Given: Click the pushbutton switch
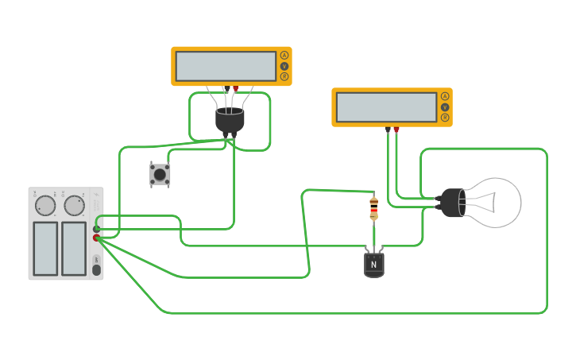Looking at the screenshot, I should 160,174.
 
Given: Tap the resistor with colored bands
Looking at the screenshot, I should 373,209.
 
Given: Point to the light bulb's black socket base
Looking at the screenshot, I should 454,203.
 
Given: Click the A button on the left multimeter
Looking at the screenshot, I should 284,56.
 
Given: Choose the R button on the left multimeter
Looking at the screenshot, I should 284,76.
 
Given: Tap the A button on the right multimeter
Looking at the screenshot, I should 445,96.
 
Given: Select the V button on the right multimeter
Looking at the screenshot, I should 445,106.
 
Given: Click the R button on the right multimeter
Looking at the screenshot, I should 445,117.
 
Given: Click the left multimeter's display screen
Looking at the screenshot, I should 226,66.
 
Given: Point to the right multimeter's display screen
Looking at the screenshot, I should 386,107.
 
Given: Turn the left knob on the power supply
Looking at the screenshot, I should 45,206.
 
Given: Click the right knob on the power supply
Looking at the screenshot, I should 74,206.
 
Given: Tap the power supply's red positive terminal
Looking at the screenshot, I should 96,238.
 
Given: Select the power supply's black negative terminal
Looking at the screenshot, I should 96,229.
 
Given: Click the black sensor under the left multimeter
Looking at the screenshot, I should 230,120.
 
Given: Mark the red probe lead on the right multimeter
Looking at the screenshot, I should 396,130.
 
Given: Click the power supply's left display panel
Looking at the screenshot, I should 45,249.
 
